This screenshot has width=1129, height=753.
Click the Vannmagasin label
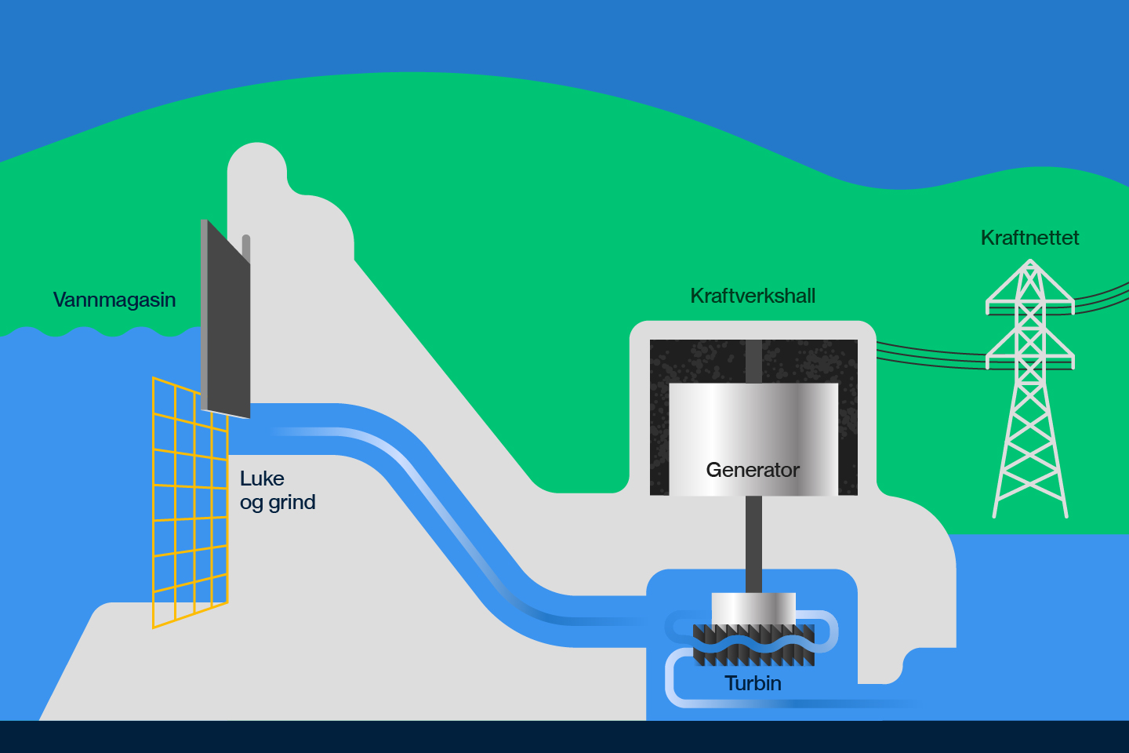(114, 300)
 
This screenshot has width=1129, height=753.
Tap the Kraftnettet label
(1029, 238)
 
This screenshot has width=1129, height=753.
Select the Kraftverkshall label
(753, 296)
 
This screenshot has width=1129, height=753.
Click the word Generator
(753, 470)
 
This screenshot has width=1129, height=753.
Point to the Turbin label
(753, 683)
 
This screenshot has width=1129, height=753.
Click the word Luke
(262, 478)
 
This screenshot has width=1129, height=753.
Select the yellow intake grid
(190, 503)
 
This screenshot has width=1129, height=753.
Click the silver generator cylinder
(753, 438)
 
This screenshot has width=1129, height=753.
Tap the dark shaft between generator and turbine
(753, 544)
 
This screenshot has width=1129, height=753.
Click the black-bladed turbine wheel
(753, 645)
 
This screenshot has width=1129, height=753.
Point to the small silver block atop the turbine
(753, 609)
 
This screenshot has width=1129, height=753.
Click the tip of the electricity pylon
(1030, 260)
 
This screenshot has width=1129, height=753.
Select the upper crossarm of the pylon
(1030, 306)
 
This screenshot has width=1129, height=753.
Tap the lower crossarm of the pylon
(1030, 361)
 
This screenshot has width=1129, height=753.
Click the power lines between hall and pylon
(931, 355)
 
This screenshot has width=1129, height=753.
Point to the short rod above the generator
(753, 361)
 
